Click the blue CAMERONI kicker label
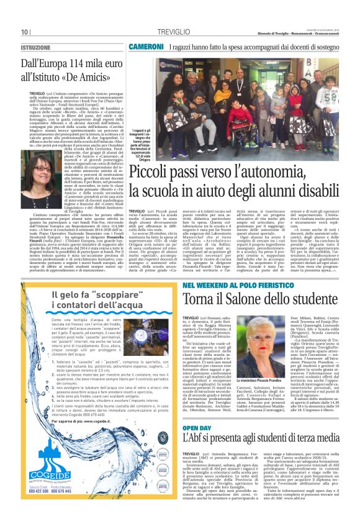click(x=146, y=47)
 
